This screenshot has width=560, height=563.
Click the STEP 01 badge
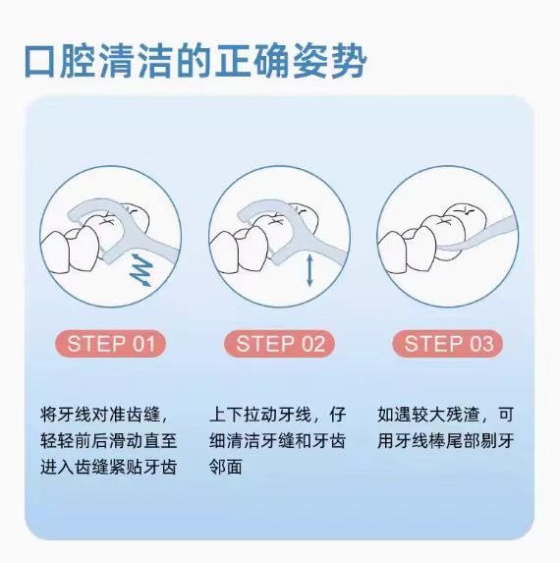[x=110, y=343]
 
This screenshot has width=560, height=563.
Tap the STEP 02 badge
[x=279, y=343]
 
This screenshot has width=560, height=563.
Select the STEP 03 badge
[x=449, y=343]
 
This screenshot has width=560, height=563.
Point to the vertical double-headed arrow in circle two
[x=309, y=269]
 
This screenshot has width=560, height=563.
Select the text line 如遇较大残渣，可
[x=448, y=414]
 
